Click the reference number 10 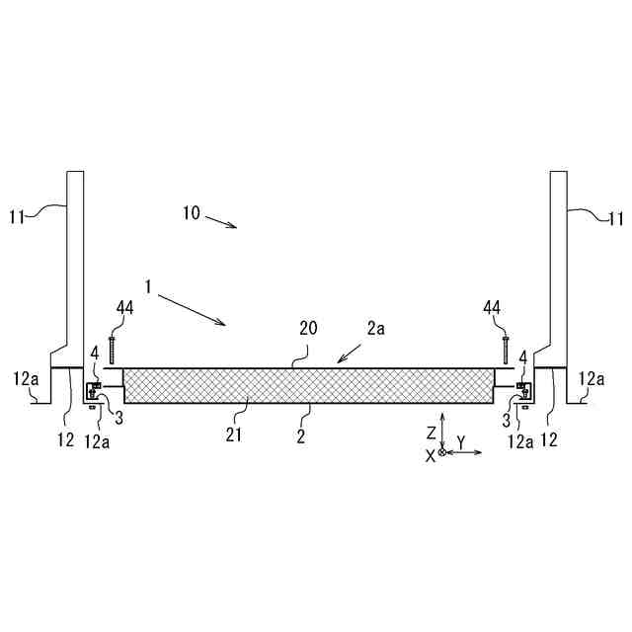[x=191, y=212]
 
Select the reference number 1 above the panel [x=146, y=287]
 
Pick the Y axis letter [x=460, y=440]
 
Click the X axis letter [x=430, y=454]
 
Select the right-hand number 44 [x=492, y=310]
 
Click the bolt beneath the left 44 [x=114, y=350]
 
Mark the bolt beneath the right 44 [x=506, y=350]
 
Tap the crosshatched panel [x=307, y=386]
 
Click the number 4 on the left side [x=95, y=352]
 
